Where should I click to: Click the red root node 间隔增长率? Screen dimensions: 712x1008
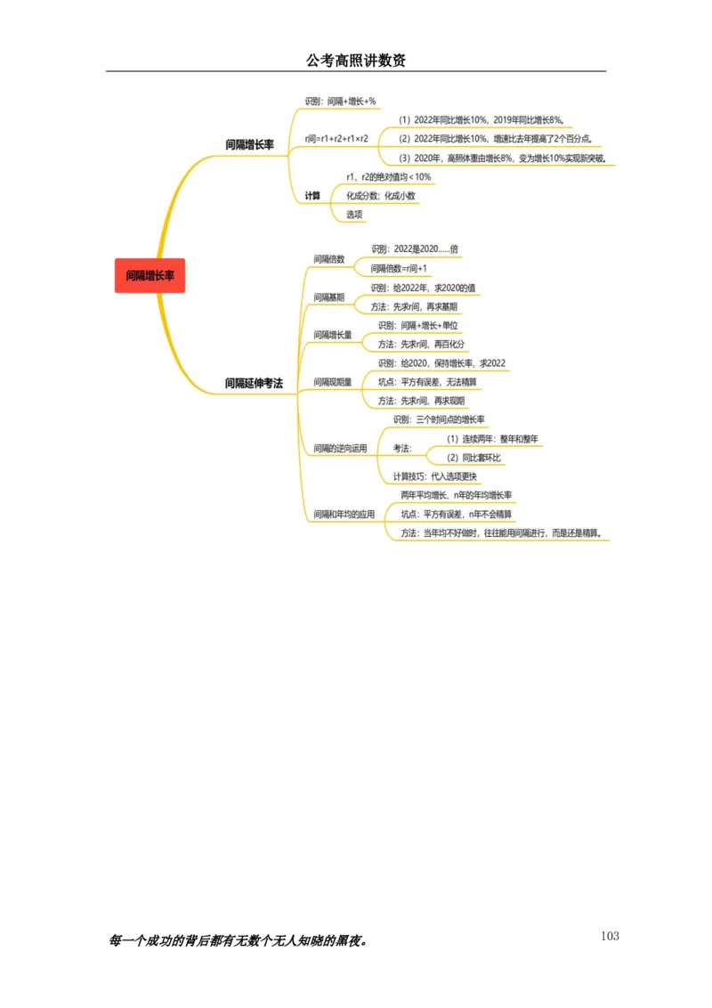coord(150,276)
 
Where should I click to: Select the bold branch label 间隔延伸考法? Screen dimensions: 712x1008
coord(254,383)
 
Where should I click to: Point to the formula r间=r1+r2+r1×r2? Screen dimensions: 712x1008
coord(336,139)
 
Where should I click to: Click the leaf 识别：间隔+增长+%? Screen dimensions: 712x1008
coord(340,102)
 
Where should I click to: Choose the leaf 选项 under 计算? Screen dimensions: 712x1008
coord(354,215)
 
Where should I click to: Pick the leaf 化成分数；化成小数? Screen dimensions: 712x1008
coord(380,196)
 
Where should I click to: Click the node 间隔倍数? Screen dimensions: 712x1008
coord(329,259)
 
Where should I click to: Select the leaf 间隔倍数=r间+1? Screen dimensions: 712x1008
coord(399,268)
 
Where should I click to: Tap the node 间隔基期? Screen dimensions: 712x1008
coord(329,297)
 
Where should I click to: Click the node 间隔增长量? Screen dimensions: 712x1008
coord(333,335)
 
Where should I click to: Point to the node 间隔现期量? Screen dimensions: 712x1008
coord(333,382)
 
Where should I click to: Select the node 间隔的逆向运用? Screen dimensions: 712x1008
coord(340,449)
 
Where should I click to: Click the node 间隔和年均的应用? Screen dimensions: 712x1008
coord(344,515)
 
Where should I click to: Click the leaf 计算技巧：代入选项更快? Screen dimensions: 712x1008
coord(435,476)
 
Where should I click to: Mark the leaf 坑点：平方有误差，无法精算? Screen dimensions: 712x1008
coord(426,382)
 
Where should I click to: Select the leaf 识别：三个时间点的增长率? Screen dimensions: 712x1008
coord(439,419)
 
